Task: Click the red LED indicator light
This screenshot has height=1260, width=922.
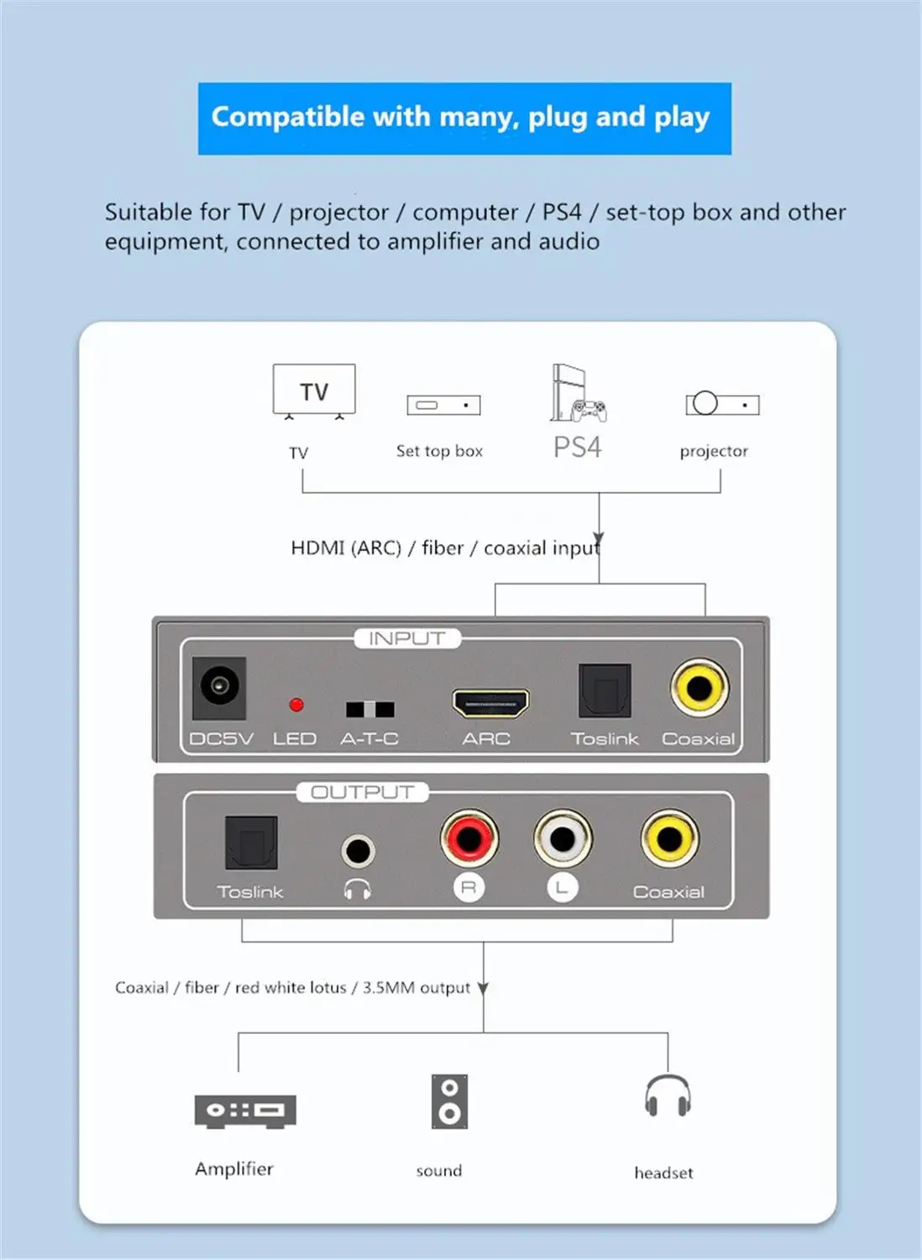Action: [x=296, y=705]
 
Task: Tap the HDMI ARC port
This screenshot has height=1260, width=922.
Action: [x=490, y=703]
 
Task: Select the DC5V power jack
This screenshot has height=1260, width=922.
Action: [x=219, y=688]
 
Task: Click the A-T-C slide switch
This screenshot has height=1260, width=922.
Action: [x=369, y=710]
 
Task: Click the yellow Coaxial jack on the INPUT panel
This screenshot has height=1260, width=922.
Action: [x=699, y=688]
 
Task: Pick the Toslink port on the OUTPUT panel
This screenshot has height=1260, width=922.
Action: [x=251, y=843]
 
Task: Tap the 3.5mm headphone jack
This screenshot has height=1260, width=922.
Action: [x=358, y=851]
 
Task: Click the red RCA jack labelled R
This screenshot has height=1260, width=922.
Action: [x=469, y=837]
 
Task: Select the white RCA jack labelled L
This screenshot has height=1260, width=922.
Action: [x=563, y=837]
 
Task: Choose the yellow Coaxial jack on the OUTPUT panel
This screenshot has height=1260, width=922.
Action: [x=669, y=837]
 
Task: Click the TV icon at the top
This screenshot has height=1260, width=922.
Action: [x=314, y=391]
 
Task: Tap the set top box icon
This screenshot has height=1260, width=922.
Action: [x=443, y=405]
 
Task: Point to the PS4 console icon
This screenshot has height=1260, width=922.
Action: [x=576, y=394]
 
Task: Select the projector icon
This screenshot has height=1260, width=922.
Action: [x=721, y=404]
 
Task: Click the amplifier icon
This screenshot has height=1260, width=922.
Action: [x=245, y=1110]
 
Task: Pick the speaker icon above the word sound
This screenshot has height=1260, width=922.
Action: [x=449, y=1101]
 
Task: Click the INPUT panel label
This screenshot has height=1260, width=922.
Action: [x=406, y=638]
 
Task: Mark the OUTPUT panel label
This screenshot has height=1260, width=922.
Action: [x=362, y=792]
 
